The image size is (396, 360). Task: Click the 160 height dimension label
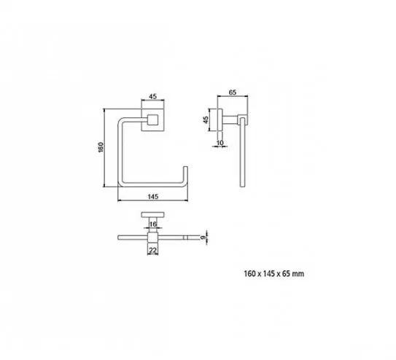(101, 147)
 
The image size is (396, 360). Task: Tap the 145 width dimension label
(153, 196)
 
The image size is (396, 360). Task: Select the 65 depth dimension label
(233, 93)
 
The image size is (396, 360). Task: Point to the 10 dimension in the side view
(220, 143)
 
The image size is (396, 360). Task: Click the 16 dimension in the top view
(153, 224)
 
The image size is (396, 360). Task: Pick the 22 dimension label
(153, 250)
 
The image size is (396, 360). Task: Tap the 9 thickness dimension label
(202, 238)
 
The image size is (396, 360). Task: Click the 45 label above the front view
(153, 96)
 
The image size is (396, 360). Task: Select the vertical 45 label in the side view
(206, 120)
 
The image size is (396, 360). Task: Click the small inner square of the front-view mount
(153, 120)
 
